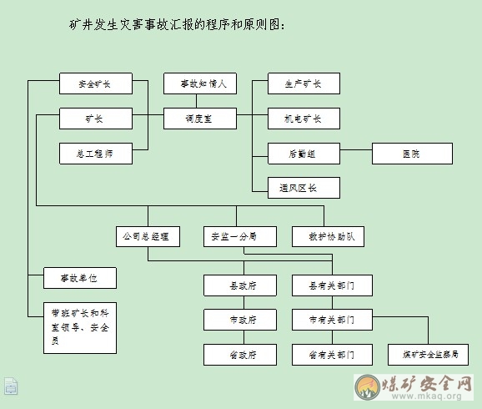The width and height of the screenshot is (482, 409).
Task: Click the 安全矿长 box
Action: point(96,83)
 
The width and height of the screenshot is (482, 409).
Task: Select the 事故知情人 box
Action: point(200,83)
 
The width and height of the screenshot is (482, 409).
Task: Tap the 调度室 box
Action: point(200,119)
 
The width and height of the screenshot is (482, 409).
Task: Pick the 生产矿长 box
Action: point(304,83)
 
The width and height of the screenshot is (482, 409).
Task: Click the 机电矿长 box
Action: point(304,119)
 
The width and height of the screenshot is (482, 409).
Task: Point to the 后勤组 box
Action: point(304,154)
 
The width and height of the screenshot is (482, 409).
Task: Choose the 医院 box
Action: point(412,154)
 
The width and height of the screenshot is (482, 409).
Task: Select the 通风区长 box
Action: point(304,188)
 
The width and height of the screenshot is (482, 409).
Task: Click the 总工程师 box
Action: point(96,154)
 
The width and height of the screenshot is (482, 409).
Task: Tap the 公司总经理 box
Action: point(148,237)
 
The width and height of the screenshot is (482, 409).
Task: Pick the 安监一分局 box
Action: point(240,237)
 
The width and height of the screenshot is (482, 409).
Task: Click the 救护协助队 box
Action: point(329,237)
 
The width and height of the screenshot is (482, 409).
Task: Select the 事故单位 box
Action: point(80,278)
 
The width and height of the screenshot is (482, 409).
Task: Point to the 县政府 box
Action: point(240,285)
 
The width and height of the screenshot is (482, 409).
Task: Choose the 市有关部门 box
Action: point(332,320)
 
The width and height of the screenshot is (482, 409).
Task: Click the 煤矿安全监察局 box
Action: point(428,355)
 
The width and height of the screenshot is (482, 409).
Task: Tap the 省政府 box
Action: point(240,355)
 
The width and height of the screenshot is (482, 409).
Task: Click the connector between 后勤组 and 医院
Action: point(356,150)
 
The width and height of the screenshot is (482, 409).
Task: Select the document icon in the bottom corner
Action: point(11,386)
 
